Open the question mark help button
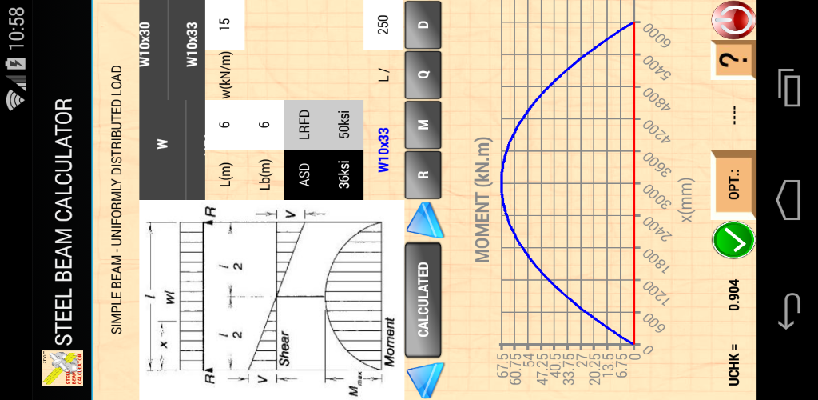[x=734, y=59]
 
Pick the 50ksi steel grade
[x=344, y=124]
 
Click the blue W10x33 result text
[x=383, y=150]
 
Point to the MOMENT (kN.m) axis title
[x=482, y=200]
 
